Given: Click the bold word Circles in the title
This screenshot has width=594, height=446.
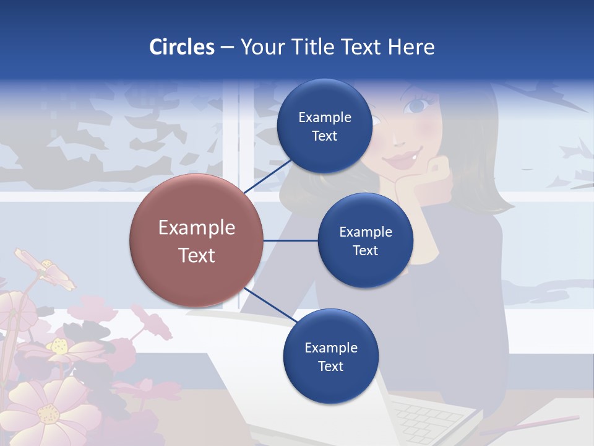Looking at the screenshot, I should [x=181, y=47].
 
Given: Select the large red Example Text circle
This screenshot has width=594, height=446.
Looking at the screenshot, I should [x=196, y=241].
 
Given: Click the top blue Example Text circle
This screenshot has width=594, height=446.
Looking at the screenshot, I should [x=324, y=126].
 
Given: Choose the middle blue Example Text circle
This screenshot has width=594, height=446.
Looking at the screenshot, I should [x=365, y=241].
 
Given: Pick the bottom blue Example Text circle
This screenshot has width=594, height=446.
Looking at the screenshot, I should [x=330, y=357].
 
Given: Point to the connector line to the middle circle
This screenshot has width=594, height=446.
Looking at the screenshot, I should [x=291, y=241].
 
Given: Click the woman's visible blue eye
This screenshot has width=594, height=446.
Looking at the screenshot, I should [x=415, y=106].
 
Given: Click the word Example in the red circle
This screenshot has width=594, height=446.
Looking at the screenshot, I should [x=196, y=228].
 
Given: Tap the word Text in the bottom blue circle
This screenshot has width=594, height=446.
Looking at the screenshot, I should [x=330, y=366].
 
